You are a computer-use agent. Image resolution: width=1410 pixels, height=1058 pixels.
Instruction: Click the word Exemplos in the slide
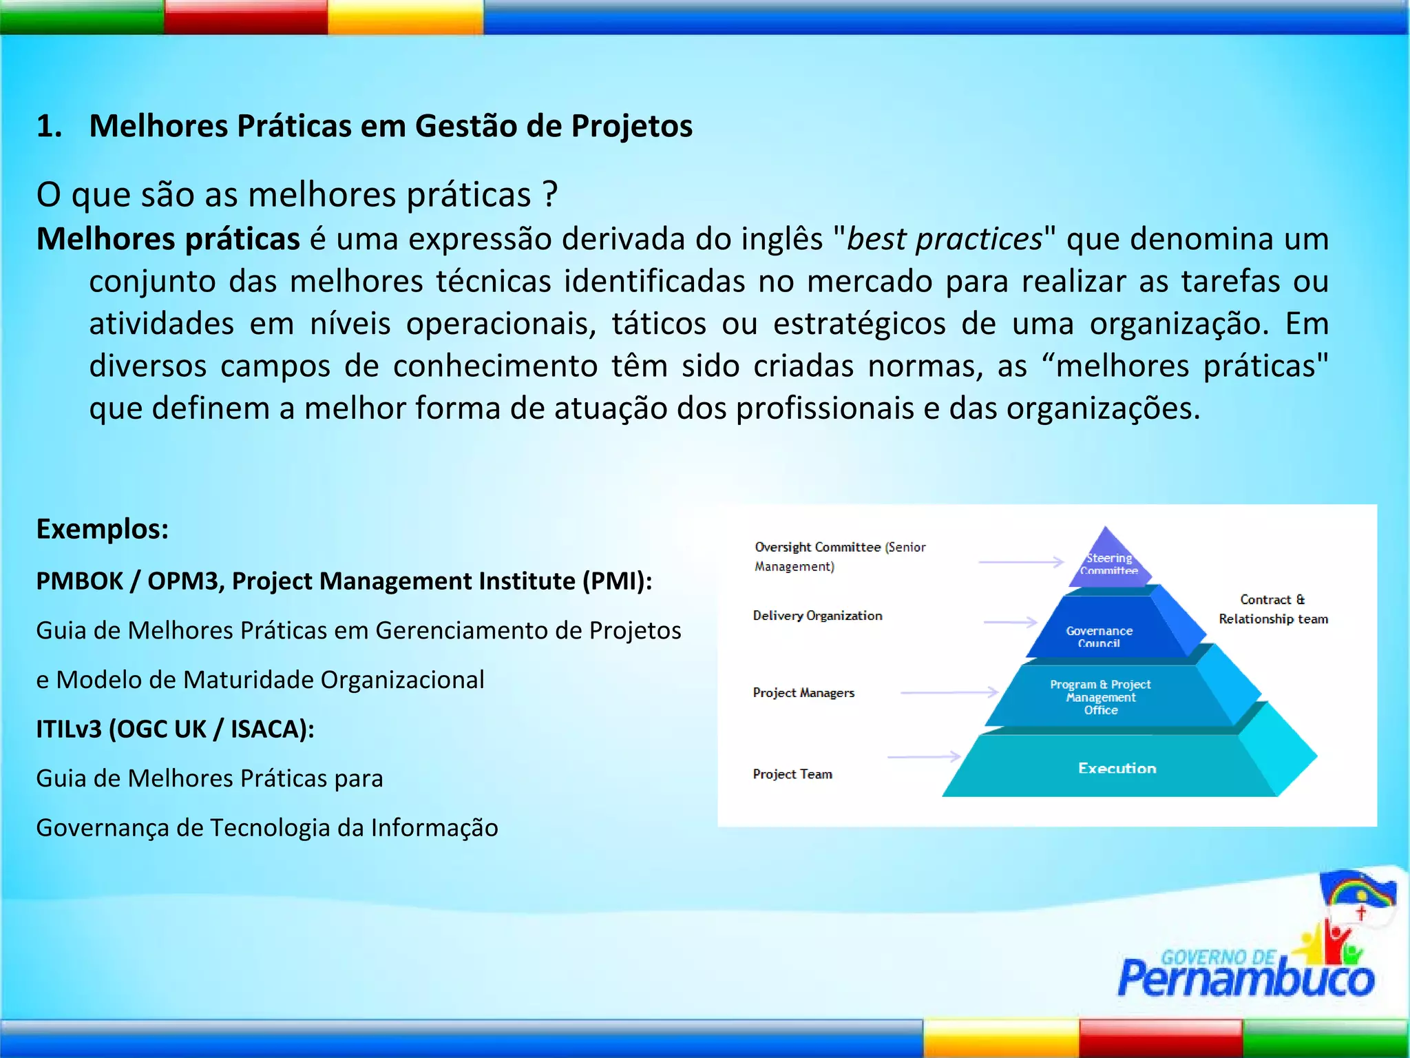point(102,529)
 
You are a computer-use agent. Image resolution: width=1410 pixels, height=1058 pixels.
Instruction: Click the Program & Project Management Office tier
point(1100,696)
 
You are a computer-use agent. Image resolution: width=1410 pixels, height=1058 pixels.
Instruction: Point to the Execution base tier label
point(1117,768)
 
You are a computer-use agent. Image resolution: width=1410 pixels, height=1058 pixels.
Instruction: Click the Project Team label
point(792,774)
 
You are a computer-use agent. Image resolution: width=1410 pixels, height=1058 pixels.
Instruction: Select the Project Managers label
point(803,692)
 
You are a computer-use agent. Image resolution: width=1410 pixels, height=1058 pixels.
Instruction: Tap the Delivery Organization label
point(817,616)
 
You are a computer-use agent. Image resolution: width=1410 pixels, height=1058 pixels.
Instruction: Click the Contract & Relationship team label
point(1273,609)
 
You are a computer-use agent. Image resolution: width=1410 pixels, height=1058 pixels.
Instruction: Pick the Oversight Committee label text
point(840,556)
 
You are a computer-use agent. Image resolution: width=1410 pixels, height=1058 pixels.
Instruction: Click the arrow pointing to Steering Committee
point(1021,562)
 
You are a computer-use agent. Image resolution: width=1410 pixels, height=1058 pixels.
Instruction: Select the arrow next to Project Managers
point(949,692)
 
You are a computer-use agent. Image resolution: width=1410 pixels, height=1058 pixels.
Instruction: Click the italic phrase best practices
point(944,239)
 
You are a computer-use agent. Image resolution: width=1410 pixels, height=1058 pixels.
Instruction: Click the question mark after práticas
point(549,194)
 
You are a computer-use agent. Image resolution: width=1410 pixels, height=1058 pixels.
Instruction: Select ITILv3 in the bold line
point(69,729)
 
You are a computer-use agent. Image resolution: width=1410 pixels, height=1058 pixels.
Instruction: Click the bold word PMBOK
point(79,581)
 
